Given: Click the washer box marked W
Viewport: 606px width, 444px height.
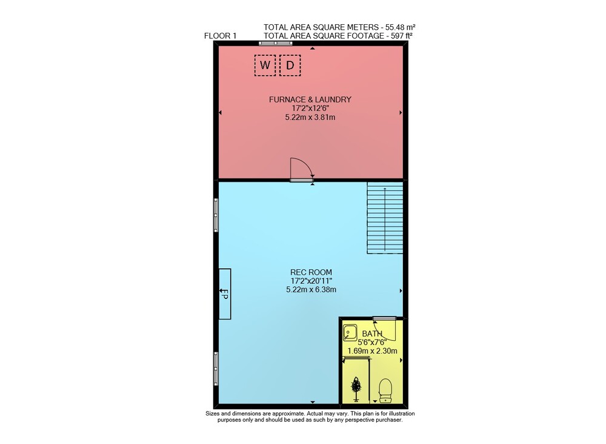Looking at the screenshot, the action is (x=265, y=65).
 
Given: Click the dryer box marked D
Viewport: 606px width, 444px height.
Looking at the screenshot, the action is (x=290, y=65).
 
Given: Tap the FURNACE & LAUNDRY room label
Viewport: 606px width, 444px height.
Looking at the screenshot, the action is (x=310, y=99).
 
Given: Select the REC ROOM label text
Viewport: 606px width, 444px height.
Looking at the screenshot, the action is (x=311, y=272).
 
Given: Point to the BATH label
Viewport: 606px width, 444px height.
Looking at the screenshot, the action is (x=372, y=334).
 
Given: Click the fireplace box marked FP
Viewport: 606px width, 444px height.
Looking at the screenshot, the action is (x=225, y=294).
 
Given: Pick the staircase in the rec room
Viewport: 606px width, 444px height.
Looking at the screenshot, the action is (x=385, y=218).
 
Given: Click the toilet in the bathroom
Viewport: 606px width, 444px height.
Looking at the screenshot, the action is (x=385, y=390).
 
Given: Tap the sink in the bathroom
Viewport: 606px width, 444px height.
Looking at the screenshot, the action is (x=350, y=332).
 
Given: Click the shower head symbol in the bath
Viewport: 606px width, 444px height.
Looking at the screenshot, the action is (x=356, y=388).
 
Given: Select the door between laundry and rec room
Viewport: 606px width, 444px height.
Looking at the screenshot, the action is (x=301, y=169).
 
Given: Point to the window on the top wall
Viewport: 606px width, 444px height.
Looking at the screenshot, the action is (x=276, y=43).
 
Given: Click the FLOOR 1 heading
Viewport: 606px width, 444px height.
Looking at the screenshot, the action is (x=220, y=36).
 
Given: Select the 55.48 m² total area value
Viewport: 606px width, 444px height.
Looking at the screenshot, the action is (x=400, y=27).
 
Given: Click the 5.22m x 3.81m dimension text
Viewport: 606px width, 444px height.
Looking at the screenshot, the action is (x=310, y=117).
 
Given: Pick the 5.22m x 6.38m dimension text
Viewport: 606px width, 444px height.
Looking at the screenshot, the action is (x=311, y=289).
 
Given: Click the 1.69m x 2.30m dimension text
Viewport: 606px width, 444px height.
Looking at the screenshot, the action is (x=372, y=351).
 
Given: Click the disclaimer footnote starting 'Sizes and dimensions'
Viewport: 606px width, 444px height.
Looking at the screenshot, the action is (x=310, y=417).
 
